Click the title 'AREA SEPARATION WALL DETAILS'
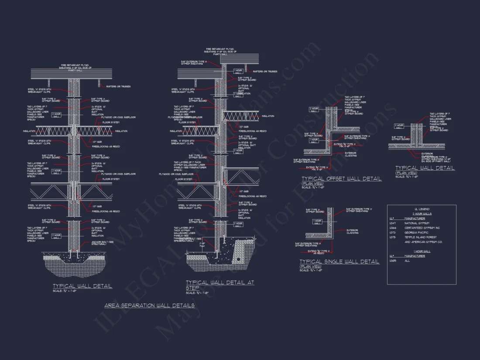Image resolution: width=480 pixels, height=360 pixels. (149, 305)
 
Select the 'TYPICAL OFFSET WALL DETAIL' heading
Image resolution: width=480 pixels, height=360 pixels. (341, 178)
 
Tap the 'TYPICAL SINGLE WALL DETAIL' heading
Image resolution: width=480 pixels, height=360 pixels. (339, 261)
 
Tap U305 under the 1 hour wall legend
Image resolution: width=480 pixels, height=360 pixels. (392, 261)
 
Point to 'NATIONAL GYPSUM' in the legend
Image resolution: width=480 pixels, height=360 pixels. (417, 223)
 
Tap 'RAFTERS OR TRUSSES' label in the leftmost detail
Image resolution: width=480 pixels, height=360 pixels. (118, 86)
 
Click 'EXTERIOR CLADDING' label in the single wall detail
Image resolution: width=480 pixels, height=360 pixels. (353, 231)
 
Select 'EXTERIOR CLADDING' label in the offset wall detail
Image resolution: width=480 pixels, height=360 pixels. (351, 154)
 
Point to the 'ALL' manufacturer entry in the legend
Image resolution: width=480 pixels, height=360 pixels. (407, 261)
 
